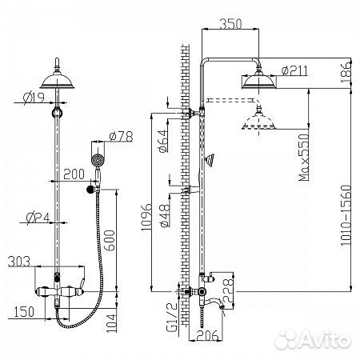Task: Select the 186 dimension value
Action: click(345, 77)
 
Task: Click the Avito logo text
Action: click(325, 342)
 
